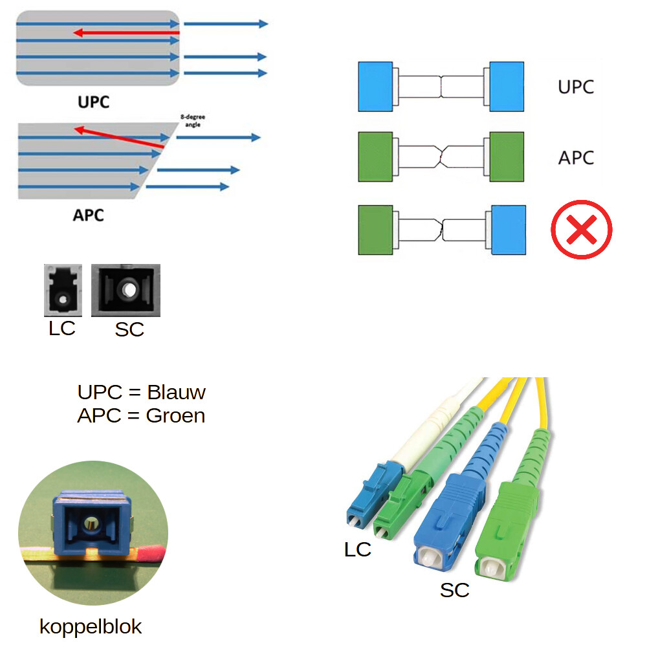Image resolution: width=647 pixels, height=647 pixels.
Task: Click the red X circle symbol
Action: pyautogui.click(x=581, y=230)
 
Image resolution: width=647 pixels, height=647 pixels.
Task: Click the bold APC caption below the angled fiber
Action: pyautogui.click(x=88, y=214)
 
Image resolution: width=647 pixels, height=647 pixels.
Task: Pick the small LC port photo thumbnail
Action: pyautogui.click(x=63, y=291)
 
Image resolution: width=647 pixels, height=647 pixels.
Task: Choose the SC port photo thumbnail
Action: pyautogui.click(x=126, y=290)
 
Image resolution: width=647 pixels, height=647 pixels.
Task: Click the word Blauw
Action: pyautogui.click(x=176, y=392)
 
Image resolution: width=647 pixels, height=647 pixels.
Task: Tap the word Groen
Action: pyautogui.click(x=175, y=415)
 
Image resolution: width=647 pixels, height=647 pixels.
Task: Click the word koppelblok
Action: pyautogui.click(x=91, y=626)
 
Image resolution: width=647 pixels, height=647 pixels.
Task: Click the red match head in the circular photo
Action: pyautogui.click(x=150, y=552)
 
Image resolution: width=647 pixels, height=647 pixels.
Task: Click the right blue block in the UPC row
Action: pyautogui.click(x=507, y=87)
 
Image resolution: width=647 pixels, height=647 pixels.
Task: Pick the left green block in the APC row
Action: pyautogui.click(x=375, y=157)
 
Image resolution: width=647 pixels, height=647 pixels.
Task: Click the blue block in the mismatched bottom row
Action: pyautogui.click(x=508, y=230)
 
